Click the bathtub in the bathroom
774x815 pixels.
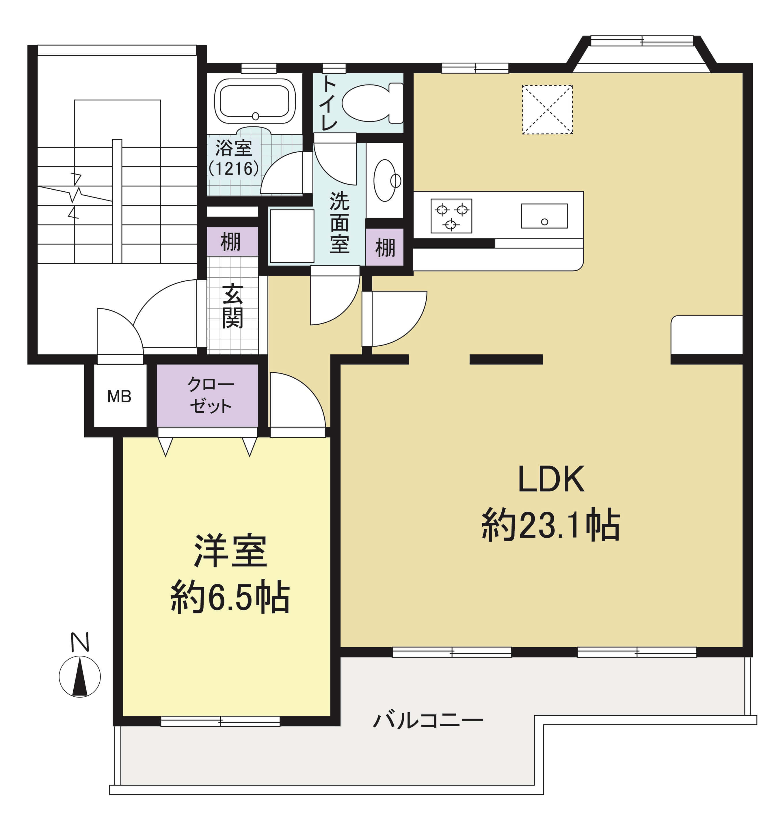pos(255,101)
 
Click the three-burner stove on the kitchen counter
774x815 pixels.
pos(451,216)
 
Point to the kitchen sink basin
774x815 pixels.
pos(544,216)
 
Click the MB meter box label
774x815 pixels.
pos(119,397)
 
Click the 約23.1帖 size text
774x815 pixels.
pos(550,525)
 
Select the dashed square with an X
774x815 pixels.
pos(547,110)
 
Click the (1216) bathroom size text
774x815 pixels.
pos(234,168)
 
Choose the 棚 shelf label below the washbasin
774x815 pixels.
pos(385,248)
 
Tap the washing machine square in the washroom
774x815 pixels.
pos(292,236)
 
